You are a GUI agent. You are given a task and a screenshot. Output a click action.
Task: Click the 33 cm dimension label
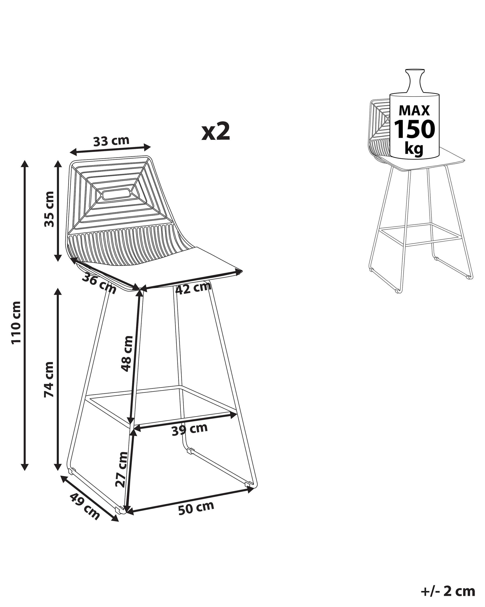tap(111, 141)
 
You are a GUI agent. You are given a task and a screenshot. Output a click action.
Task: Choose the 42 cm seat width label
tap(193, 288)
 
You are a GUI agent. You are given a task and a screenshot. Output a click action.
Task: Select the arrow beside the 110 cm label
tap(25, 315)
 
